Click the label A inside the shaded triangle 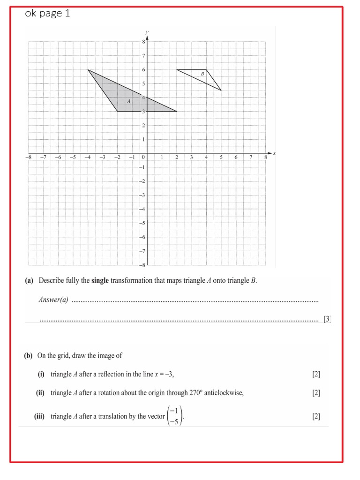click(128, 101)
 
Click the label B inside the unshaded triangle click(202, 74)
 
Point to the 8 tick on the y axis click(143, 42)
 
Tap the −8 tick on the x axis click(28, 157)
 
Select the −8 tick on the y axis click(142, 265)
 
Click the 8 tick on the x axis click(265, 157)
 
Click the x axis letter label click(274, 153)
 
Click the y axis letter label click(147, 31)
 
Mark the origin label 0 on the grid click(143, 157)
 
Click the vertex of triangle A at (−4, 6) click(88, 70)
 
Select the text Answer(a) click(53, 300)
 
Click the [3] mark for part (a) click(327, 319)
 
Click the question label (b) click(29, 355)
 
